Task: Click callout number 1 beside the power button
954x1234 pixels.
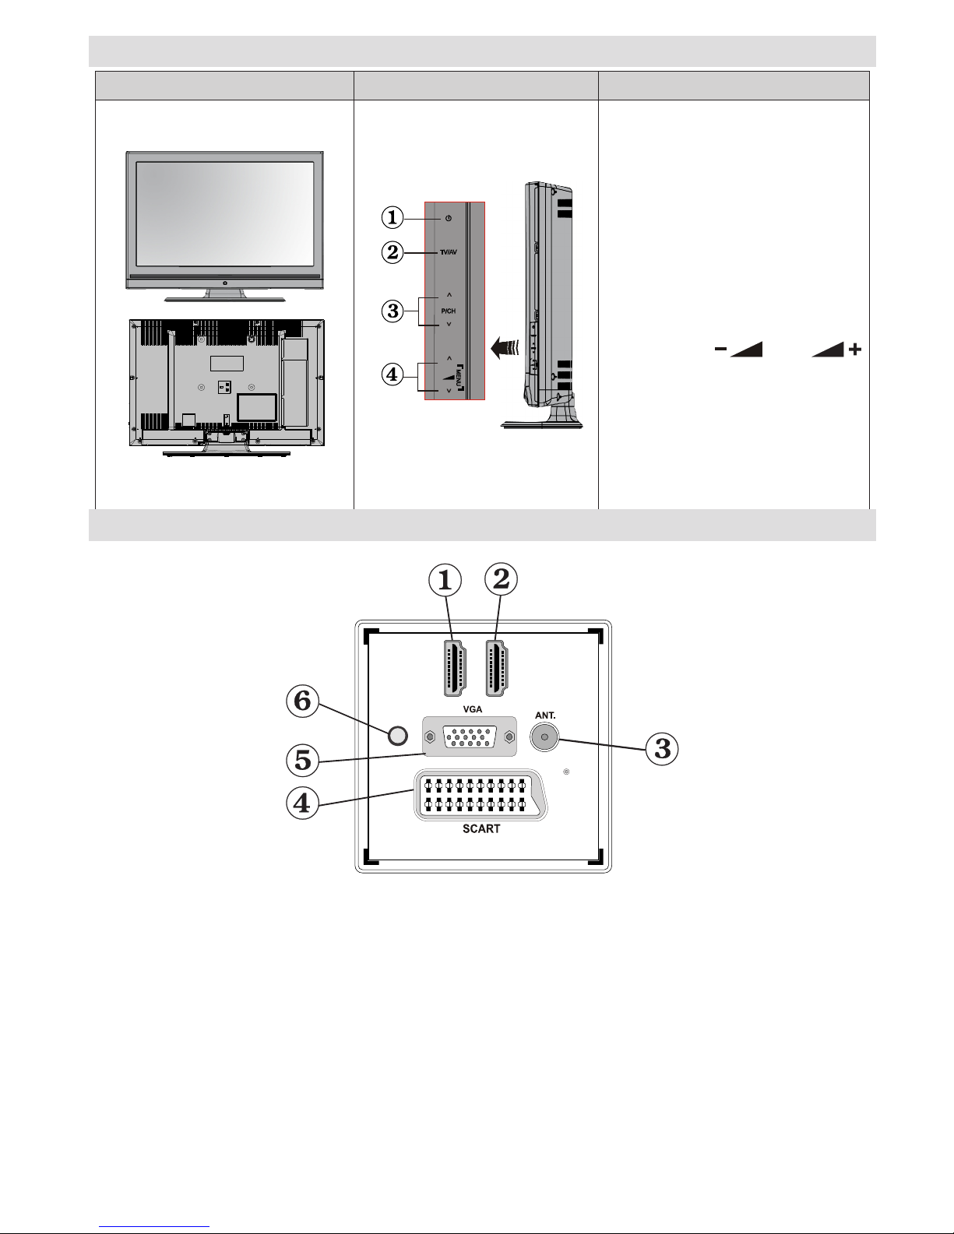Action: (393, 217)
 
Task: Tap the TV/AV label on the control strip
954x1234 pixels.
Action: (448, 252)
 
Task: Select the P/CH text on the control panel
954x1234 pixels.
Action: (448, 311)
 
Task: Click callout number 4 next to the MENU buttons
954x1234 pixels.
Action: (393, 374)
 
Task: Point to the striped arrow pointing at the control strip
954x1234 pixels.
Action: (505, 347)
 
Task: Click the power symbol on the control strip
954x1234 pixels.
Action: (449, 218)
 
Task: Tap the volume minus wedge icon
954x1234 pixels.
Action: (738, 350)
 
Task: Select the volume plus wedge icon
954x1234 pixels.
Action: (836, 350)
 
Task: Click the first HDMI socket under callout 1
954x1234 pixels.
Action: (454, 668)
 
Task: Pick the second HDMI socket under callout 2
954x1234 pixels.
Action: (497, 668)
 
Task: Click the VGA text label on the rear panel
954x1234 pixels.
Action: (473, 709)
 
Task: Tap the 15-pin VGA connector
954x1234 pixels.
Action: (470, 737)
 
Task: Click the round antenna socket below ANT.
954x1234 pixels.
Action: (544, 737)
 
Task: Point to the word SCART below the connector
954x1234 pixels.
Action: (481, 828)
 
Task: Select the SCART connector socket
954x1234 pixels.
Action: (481, 795)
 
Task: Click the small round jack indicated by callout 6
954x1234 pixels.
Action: (397, 736)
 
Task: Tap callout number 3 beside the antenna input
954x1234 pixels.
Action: (662, 748)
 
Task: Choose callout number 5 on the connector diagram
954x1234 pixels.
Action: (303, 760)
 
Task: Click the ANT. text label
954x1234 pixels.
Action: (545, 715)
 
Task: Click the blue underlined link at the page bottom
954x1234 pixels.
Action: (154, 1225)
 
